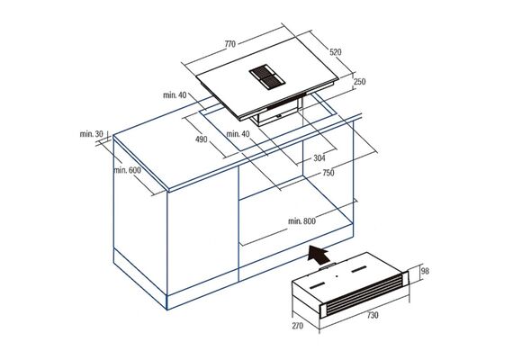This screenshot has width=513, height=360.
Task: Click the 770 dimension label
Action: point(230,44)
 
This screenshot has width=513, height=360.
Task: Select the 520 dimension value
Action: point(336,52)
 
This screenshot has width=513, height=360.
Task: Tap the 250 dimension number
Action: point(360,82)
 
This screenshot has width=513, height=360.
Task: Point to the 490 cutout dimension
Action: point(202,139)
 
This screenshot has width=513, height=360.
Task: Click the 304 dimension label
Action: point(319,158)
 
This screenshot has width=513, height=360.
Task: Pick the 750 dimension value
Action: point(328,173)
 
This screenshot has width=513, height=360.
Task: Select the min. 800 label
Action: point(301,221)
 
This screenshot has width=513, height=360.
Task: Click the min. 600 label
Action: point(127,170)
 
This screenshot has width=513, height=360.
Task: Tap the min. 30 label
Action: point(91,134)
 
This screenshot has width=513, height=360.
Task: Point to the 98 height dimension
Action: point(425,271)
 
